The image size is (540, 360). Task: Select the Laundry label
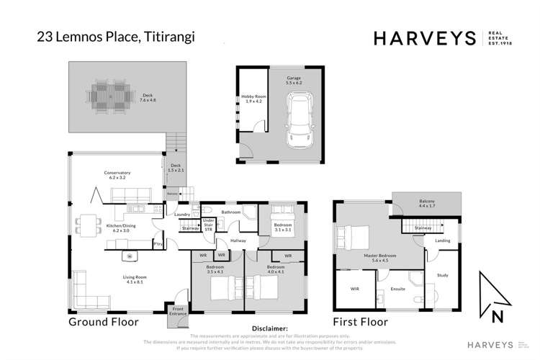181,214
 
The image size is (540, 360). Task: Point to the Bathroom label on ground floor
230,212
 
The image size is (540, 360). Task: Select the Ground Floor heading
103,322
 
